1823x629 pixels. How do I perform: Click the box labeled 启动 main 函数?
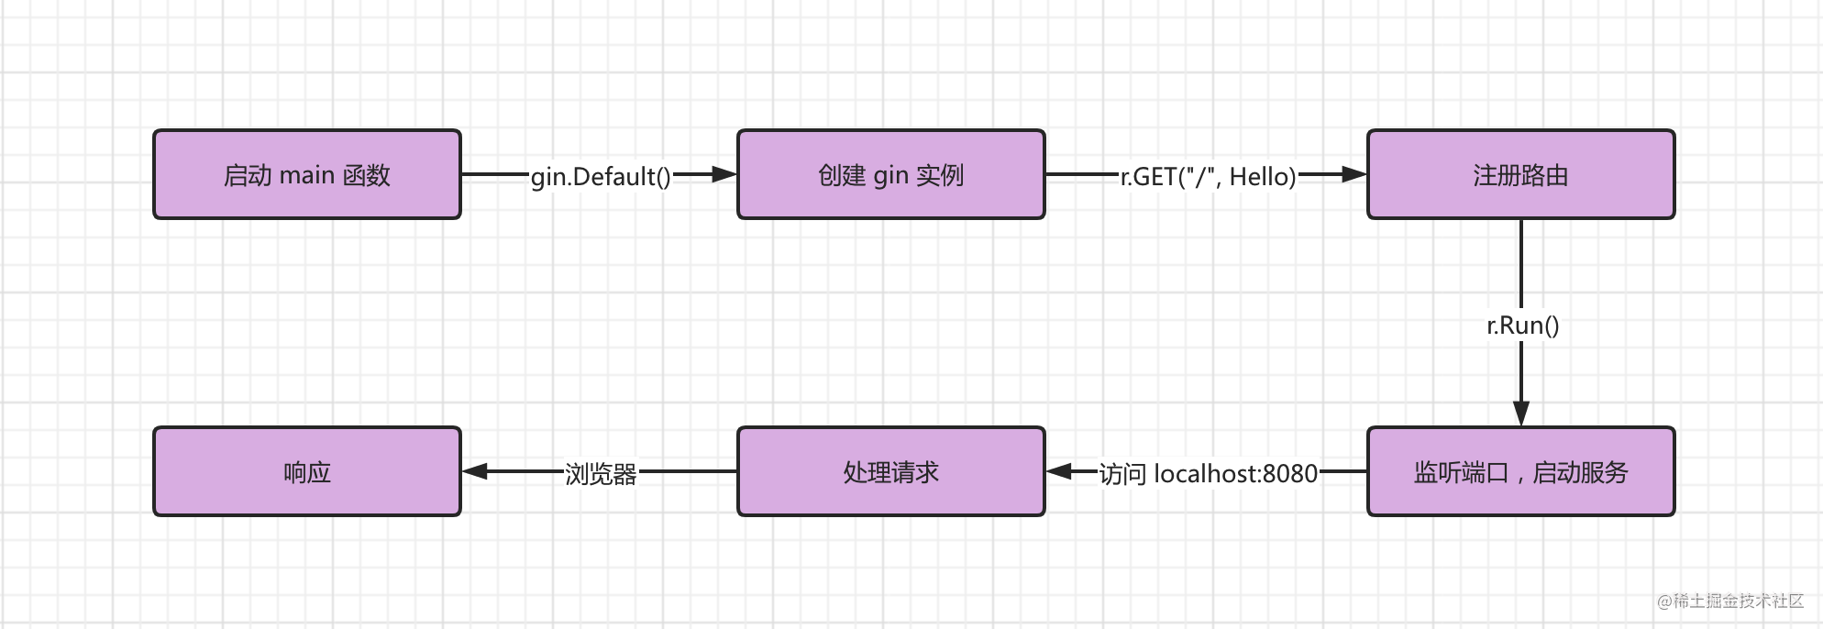(x=306, y=174)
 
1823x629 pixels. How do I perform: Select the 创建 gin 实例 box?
(x=890, y=174)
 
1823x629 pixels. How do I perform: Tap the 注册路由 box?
(x=1520, y=174)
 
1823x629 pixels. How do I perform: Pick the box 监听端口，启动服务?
(x=1520, y=471)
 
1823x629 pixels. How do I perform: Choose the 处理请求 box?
(x=890, y=471)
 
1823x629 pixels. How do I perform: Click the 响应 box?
(x=306, y=471)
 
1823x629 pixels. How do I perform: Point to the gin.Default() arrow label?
(x=601, y=176)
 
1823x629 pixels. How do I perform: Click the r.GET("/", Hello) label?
(x=1208, y=176)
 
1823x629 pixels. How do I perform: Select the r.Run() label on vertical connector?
(x=1522, y=325)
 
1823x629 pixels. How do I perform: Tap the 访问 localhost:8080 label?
(x=1208, y=473)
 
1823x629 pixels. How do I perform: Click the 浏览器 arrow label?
(x=601, y=473)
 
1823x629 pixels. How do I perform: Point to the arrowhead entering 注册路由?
(x=1354, y=174)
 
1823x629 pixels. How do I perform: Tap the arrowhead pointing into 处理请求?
(x=1059, y=471)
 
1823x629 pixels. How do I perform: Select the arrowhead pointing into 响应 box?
(x=475, y=471)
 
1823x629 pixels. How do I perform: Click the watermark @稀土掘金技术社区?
(x=1729, y=601)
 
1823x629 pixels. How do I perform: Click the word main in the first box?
(x=306, y=174)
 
